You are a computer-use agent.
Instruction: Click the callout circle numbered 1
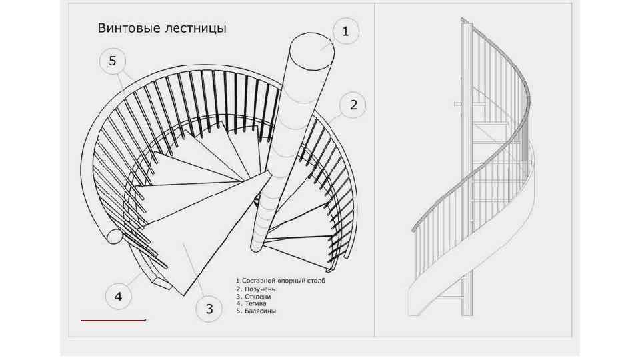point(345,31)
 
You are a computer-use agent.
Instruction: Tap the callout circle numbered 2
point(353,105)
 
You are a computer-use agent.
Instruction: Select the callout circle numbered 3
point(209,309)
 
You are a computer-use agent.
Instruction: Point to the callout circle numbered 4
point(118,296)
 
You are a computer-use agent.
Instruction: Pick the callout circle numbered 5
point(113,61)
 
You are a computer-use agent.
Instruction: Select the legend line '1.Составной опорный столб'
point(280,281)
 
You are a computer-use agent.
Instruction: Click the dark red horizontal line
point(113,321)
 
